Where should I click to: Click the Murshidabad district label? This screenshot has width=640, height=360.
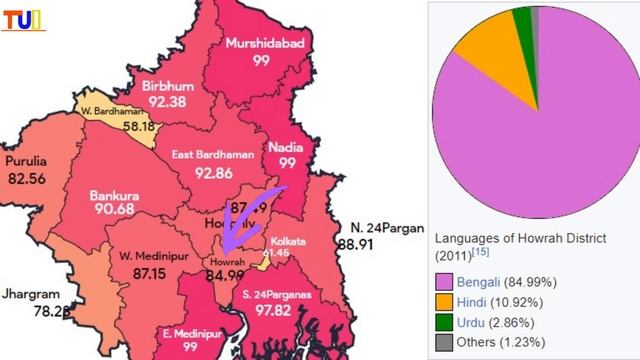click(262, 44)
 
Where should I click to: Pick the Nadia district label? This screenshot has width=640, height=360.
click(286, 147)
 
